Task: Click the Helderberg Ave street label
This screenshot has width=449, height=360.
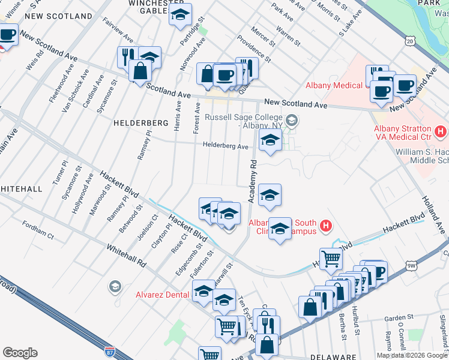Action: (x=225, y=146)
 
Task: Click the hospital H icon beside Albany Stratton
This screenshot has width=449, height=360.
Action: (x=441, y=130)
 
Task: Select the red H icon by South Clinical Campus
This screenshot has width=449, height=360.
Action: (x=325, y=226)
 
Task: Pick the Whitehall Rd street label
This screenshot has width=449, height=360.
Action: (x=127, y=256)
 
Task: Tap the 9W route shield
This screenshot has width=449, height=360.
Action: (x=411, y=264)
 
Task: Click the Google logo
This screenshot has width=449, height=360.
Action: (x=19, y=353)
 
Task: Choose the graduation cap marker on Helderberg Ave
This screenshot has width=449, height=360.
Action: (x=270, y=142)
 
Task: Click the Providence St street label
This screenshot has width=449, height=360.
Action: (x=254, y=52)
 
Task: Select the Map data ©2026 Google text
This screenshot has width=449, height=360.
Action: (x=412, y=355)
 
